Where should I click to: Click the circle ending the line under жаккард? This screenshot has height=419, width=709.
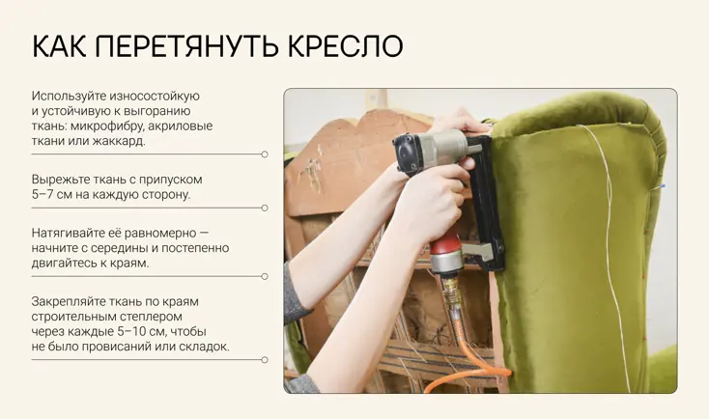265,154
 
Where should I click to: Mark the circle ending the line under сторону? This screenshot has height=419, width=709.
265,208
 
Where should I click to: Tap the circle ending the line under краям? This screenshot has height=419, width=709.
265,276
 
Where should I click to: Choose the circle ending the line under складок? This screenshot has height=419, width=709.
265,360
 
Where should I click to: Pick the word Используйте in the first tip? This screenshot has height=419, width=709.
69,97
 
